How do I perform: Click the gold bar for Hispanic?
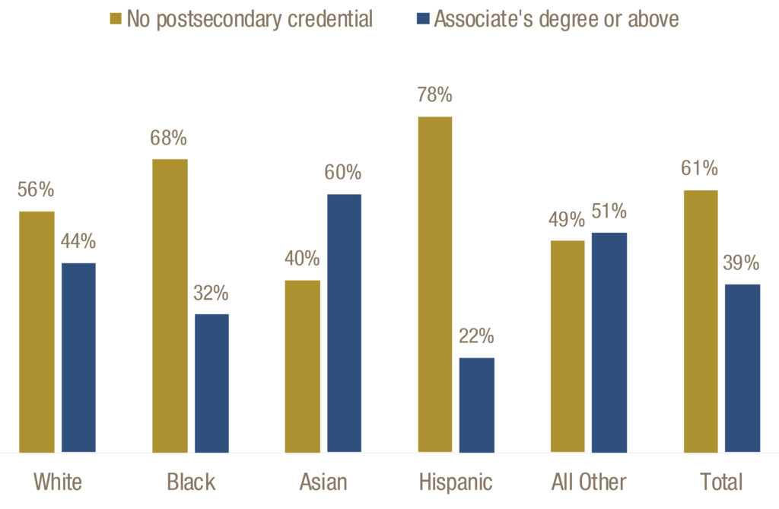(x=435, y=285)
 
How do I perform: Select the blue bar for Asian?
(x=344, y=323)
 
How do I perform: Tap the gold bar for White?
(x=37, y=332)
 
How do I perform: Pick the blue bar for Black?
(x=211, y=383)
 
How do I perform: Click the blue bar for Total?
(x=742, y=368)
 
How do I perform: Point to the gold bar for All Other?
(x=568, y=346)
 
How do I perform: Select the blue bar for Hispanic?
(x=477, y=405)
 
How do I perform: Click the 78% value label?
(x=435, y=96)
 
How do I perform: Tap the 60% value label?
(x=344, y=173)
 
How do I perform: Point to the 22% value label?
(x=477, y=336)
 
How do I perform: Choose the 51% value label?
(x=609, y=211)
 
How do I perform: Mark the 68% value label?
(x=170, y=138)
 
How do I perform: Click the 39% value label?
(x=742, y=263)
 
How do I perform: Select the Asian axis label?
(x=323, y=482)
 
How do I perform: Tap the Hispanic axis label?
(x=456, y=482)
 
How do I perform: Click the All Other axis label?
(x=589, y=482)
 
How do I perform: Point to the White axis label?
(x=58, y=482)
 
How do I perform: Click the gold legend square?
(x=116, y=18)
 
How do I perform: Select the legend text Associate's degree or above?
(x=556, y=18)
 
